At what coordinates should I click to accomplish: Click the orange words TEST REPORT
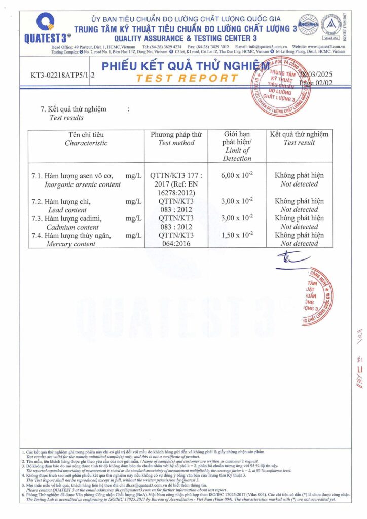187,79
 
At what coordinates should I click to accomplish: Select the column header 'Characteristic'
86,143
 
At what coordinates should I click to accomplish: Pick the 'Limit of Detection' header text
237,154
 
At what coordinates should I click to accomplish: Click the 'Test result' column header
299,143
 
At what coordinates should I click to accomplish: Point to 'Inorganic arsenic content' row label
83,184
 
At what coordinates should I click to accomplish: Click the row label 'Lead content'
67,210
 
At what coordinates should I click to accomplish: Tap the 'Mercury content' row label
71,244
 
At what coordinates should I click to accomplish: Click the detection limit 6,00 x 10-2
237,175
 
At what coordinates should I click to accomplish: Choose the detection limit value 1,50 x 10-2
237,235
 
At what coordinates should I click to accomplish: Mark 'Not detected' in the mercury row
299,244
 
